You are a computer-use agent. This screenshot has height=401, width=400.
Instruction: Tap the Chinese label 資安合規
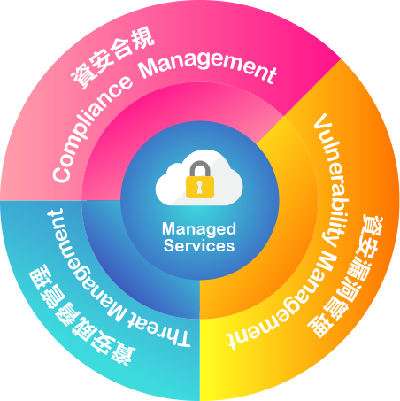[x=113, y=57]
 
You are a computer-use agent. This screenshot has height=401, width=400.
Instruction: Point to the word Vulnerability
[x=331, y=181]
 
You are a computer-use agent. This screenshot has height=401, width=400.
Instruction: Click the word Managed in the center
[x=199, y=229]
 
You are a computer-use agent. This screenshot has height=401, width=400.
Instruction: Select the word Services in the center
[x=199, y=245]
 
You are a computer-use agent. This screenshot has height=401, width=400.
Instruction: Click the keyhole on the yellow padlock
[x=200, y=187]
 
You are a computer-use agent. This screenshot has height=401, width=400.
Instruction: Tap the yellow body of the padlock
[x=200, y=187]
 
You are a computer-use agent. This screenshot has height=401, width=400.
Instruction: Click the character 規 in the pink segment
[x=142, y=38]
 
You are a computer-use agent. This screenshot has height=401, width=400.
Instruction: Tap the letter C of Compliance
[x=61, y=174]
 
